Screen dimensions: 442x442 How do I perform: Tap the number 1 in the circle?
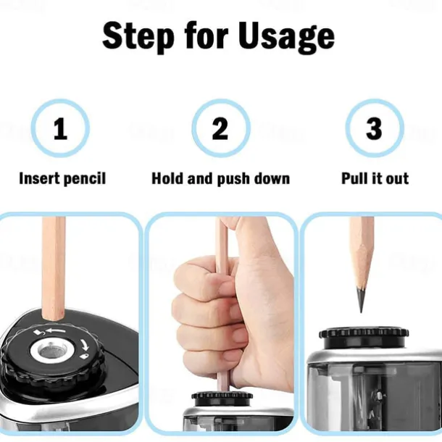[x=60, y=129]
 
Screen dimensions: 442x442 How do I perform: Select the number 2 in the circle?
[x=220, y=129]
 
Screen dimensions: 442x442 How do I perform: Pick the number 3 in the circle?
[x=374, y=129]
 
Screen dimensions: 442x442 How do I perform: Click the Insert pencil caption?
[x=62, y=178]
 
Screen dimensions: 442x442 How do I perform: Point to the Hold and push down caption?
[x=220, y=178]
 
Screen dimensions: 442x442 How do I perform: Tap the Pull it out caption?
[x=375, y=178]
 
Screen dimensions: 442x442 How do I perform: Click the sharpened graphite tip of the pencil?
[x=360, y=300]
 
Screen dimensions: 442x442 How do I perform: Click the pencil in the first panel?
[x=54, y=268]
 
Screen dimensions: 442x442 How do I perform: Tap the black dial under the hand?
[x=222, y=398]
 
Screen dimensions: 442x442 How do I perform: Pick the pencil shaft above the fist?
[x=222, y=235]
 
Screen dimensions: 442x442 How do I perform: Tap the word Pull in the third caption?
[x=354, y=178]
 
